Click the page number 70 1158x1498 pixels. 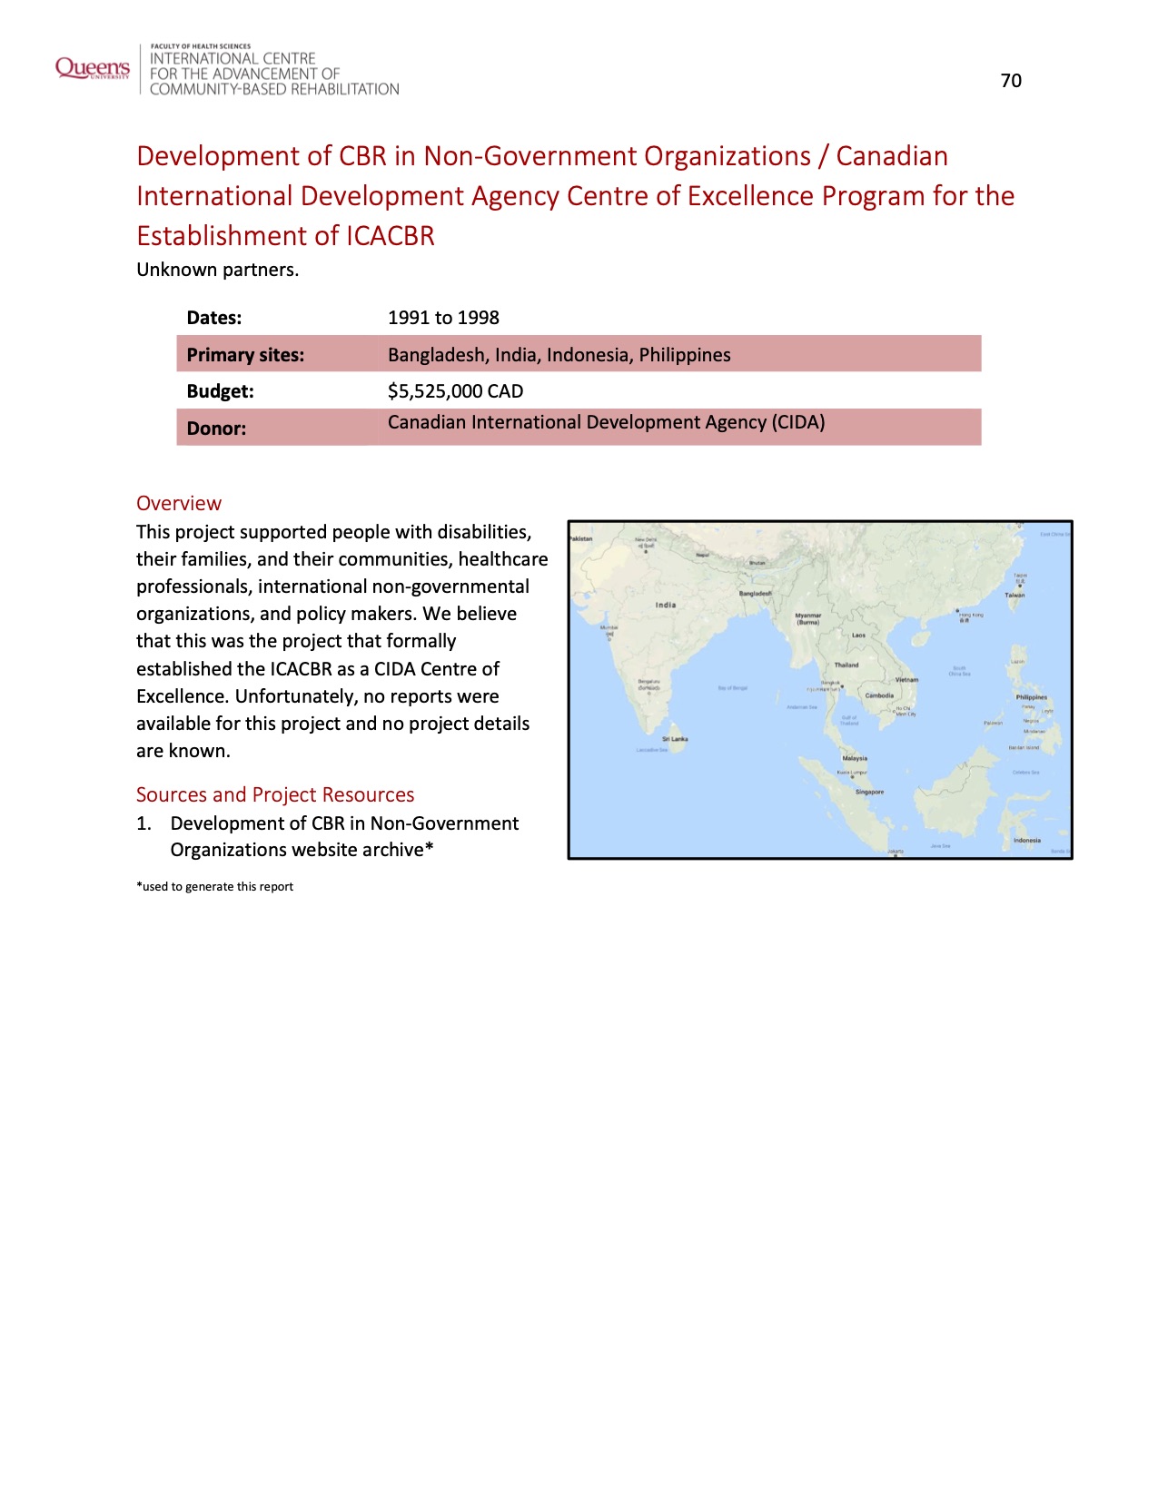point(1011,81)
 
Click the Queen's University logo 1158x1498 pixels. point(93,68)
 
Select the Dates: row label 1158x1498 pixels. point(214,318)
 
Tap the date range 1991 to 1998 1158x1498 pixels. point(443,318)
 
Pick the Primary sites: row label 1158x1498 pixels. point(245,355)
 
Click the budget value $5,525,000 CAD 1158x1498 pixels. point(455,391)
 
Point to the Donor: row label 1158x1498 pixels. point(216,429)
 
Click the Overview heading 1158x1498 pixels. point(179,503)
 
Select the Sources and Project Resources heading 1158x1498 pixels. point(275,794)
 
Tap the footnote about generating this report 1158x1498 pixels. point(214,886)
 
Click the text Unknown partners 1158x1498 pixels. point(217,270)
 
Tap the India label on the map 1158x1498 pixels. point(666,605)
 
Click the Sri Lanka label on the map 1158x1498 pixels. point(675,739)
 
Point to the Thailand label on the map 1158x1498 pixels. point(846,665)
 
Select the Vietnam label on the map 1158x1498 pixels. point(906,679)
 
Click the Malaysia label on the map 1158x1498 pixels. point(855,758)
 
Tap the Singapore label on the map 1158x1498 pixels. point(869,792)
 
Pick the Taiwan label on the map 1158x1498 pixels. point(1014,596)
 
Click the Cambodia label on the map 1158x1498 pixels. point(879,695)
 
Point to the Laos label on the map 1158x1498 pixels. point(858,636)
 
